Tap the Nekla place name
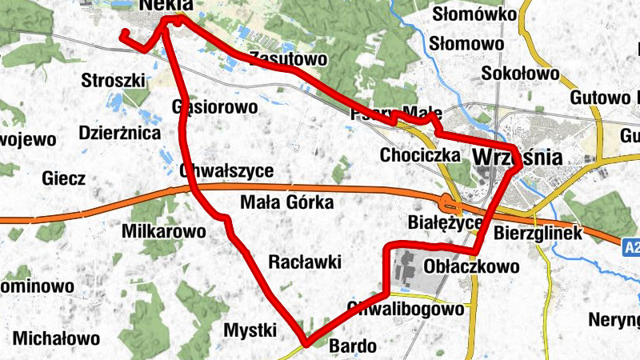(x=166, y=7)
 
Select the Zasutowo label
(x=288, y=58)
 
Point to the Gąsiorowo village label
(x=214, y=106)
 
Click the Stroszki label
(x=114, y=80)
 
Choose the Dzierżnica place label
(x=120, y=132)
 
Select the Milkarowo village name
(x=163, y=231)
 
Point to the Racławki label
(x=305, y=262)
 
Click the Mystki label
(x=250, y=330)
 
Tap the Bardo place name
(x=352, y=346)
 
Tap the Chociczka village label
(x=420, y=154)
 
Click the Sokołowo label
(x=520, y=74)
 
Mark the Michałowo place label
(x=56, y=337)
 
